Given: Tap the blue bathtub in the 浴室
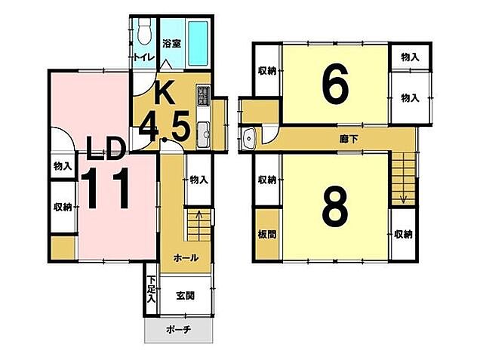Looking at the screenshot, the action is pos(198,43).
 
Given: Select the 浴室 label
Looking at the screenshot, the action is pos(171,44).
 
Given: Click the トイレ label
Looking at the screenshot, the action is pos(143,57).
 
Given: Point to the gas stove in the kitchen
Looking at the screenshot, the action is pos(203,94).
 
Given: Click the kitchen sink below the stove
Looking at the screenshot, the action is pos(203,134).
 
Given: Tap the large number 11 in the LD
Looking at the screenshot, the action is pos(105,189).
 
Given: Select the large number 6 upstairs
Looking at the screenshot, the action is pos(335,84).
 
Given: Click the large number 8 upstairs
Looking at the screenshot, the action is pos(335,206).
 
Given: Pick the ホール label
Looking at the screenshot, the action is pos(186,258).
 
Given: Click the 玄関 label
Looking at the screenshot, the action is pos(186,296).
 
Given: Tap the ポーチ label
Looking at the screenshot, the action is pos(179,330).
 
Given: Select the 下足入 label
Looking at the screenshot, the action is pos(151,289).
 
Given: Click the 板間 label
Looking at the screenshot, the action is pos(266,235).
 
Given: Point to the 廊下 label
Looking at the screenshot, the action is pos(349,139).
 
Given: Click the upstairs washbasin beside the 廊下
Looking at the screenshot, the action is pos(248,138).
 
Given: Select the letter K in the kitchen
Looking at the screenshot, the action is pos(165,92).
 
